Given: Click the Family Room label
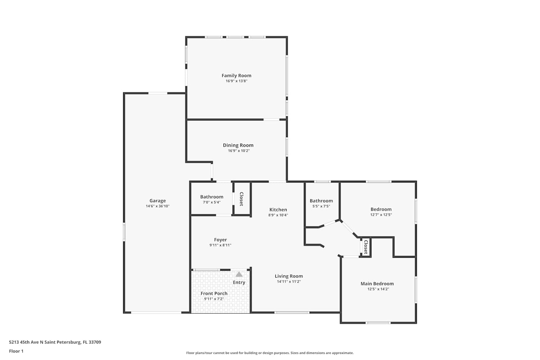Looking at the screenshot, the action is [x=236, y=76].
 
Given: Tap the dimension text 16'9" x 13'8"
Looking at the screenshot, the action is [x=237, y=81].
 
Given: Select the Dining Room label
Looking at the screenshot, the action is [x=238, y=145].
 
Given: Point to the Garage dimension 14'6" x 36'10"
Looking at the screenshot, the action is [x=158, y=206].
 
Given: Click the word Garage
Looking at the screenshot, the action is [x=158, y=201].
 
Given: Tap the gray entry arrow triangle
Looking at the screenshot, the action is [x=239, y=274].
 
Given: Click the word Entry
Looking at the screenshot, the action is [x=239, y=282].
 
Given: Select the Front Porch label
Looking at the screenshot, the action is [x=214, y=293].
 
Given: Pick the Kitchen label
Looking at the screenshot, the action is [x=278, y=210].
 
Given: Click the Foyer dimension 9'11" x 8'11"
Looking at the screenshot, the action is [x=220, y=245].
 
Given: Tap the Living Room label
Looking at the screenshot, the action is [x=289, y=276].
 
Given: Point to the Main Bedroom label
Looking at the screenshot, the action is [x=377, y=284].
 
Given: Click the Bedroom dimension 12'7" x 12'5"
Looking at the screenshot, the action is [x=381, y=215].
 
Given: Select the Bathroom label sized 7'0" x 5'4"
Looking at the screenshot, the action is [x=212, y=197].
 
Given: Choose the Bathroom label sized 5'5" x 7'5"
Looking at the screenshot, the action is [x=321, y=201].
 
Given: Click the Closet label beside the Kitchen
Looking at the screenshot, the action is [x=241, y=199].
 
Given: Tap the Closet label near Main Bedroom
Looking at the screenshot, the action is [x=366, y=247].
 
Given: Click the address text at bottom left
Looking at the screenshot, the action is [x=55, y=342].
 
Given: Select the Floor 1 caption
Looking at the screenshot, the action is [x=16, y=351].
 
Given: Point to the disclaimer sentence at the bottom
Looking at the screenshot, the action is [x=270, y=353].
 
